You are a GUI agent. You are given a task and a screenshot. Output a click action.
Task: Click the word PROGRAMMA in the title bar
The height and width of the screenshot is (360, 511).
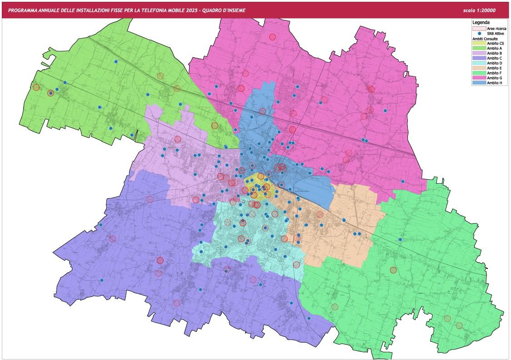[24, 10]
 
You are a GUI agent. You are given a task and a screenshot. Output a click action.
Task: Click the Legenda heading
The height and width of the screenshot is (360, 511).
[481, 22]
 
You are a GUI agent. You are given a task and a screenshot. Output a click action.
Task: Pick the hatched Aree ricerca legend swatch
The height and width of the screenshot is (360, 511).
[479, 28]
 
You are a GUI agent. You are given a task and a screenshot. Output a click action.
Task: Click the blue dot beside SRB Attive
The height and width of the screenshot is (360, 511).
[479, 34]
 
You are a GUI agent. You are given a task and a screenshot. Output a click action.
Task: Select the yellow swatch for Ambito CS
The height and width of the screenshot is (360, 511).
[479, 43]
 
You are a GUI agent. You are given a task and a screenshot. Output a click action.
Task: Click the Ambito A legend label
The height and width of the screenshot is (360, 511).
[495, 48]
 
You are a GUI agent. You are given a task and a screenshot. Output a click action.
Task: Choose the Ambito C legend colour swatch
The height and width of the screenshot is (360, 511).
[479, 58]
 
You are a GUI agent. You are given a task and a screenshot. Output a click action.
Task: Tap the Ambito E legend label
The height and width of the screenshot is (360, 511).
[495, 68]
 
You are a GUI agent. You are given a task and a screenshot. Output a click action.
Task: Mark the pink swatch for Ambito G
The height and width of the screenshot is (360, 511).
[479, 78]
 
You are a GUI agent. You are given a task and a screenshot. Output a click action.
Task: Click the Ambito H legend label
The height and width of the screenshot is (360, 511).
[495, 83]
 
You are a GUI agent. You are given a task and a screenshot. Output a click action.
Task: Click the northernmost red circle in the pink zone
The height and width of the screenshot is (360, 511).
[272, 37]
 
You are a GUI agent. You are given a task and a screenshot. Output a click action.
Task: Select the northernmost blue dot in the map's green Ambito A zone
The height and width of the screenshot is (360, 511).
[116, 61]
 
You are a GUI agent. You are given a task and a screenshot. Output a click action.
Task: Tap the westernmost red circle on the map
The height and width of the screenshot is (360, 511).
[36, 87]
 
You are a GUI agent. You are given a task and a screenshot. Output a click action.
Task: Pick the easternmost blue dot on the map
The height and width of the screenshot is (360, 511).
[403, 181]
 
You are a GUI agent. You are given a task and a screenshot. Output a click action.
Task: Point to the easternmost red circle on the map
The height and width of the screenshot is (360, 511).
[459, 325]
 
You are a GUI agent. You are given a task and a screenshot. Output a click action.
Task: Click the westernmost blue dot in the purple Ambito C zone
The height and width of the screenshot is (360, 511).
[102, 280]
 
